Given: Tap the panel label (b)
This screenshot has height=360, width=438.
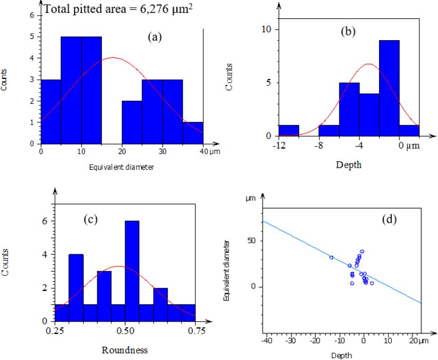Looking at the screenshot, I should (348, 32).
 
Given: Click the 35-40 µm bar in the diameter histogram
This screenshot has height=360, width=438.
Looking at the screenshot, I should (193, 133).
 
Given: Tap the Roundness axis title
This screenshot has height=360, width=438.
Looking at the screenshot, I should (125, 350).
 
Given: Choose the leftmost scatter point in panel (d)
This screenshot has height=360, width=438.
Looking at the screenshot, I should (331, 257).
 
